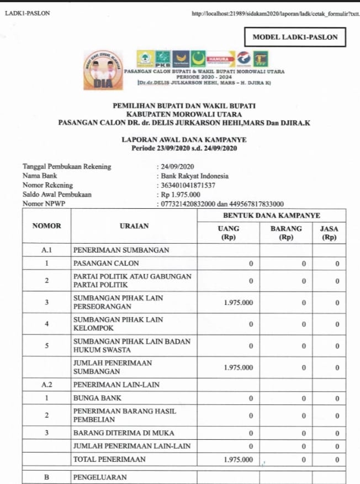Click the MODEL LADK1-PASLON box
pyautogui.click(x=295, y=38)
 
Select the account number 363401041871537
pyautogui.click(x=188, y=186)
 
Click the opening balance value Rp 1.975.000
pyautogui.click(x=181, y=194)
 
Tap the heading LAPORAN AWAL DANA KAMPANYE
pyautogui.click(x=184, y=140)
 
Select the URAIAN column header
pyautogui.click(x=134, y=226)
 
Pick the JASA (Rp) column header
pyautogui.click(x=329, y=233)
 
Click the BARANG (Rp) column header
pyautogui.click(x=286, y=233)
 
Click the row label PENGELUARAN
pyautogui.click(x=100, y=477)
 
